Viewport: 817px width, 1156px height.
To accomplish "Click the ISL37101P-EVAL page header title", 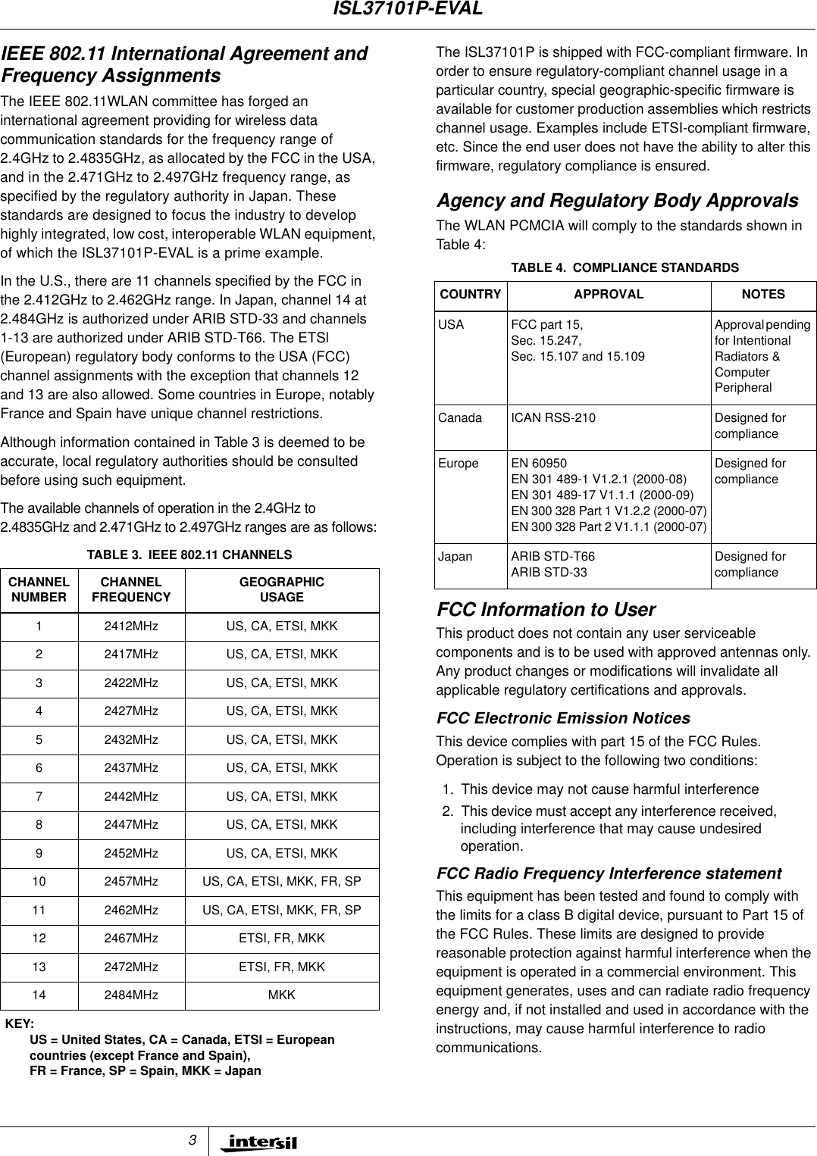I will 408,9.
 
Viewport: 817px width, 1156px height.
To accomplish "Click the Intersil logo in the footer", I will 258,1142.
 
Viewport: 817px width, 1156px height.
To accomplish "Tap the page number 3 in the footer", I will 193,1141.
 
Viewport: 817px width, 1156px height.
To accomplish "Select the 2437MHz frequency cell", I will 131,768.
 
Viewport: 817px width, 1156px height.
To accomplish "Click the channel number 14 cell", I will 39,995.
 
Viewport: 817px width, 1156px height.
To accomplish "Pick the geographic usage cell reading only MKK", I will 282,995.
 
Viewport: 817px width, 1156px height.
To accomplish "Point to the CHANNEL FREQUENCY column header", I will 131,589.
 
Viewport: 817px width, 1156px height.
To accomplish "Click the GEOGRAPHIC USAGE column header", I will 282,589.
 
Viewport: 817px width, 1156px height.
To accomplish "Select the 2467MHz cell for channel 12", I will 131,939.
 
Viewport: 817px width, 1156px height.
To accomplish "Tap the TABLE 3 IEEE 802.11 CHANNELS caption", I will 189,555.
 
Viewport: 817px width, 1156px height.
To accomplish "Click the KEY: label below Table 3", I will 20,1024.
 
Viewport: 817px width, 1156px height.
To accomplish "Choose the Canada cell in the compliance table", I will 460,418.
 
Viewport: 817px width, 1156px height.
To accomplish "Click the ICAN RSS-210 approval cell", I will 553,418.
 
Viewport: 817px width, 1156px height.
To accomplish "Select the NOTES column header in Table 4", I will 763,295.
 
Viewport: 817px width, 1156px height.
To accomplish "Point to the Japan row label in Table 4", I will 455,557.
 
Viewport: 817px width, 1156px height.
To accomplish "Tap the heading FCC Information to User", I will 546,610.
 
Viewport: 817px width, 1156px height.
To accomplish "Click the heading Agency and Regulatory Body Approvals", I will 617,201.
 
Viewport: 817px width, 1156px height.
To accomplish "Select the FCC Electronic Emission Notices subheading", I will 563,718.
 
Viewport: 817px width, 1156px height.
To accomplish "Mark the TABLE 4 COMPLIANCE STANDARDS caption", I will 625,268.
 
